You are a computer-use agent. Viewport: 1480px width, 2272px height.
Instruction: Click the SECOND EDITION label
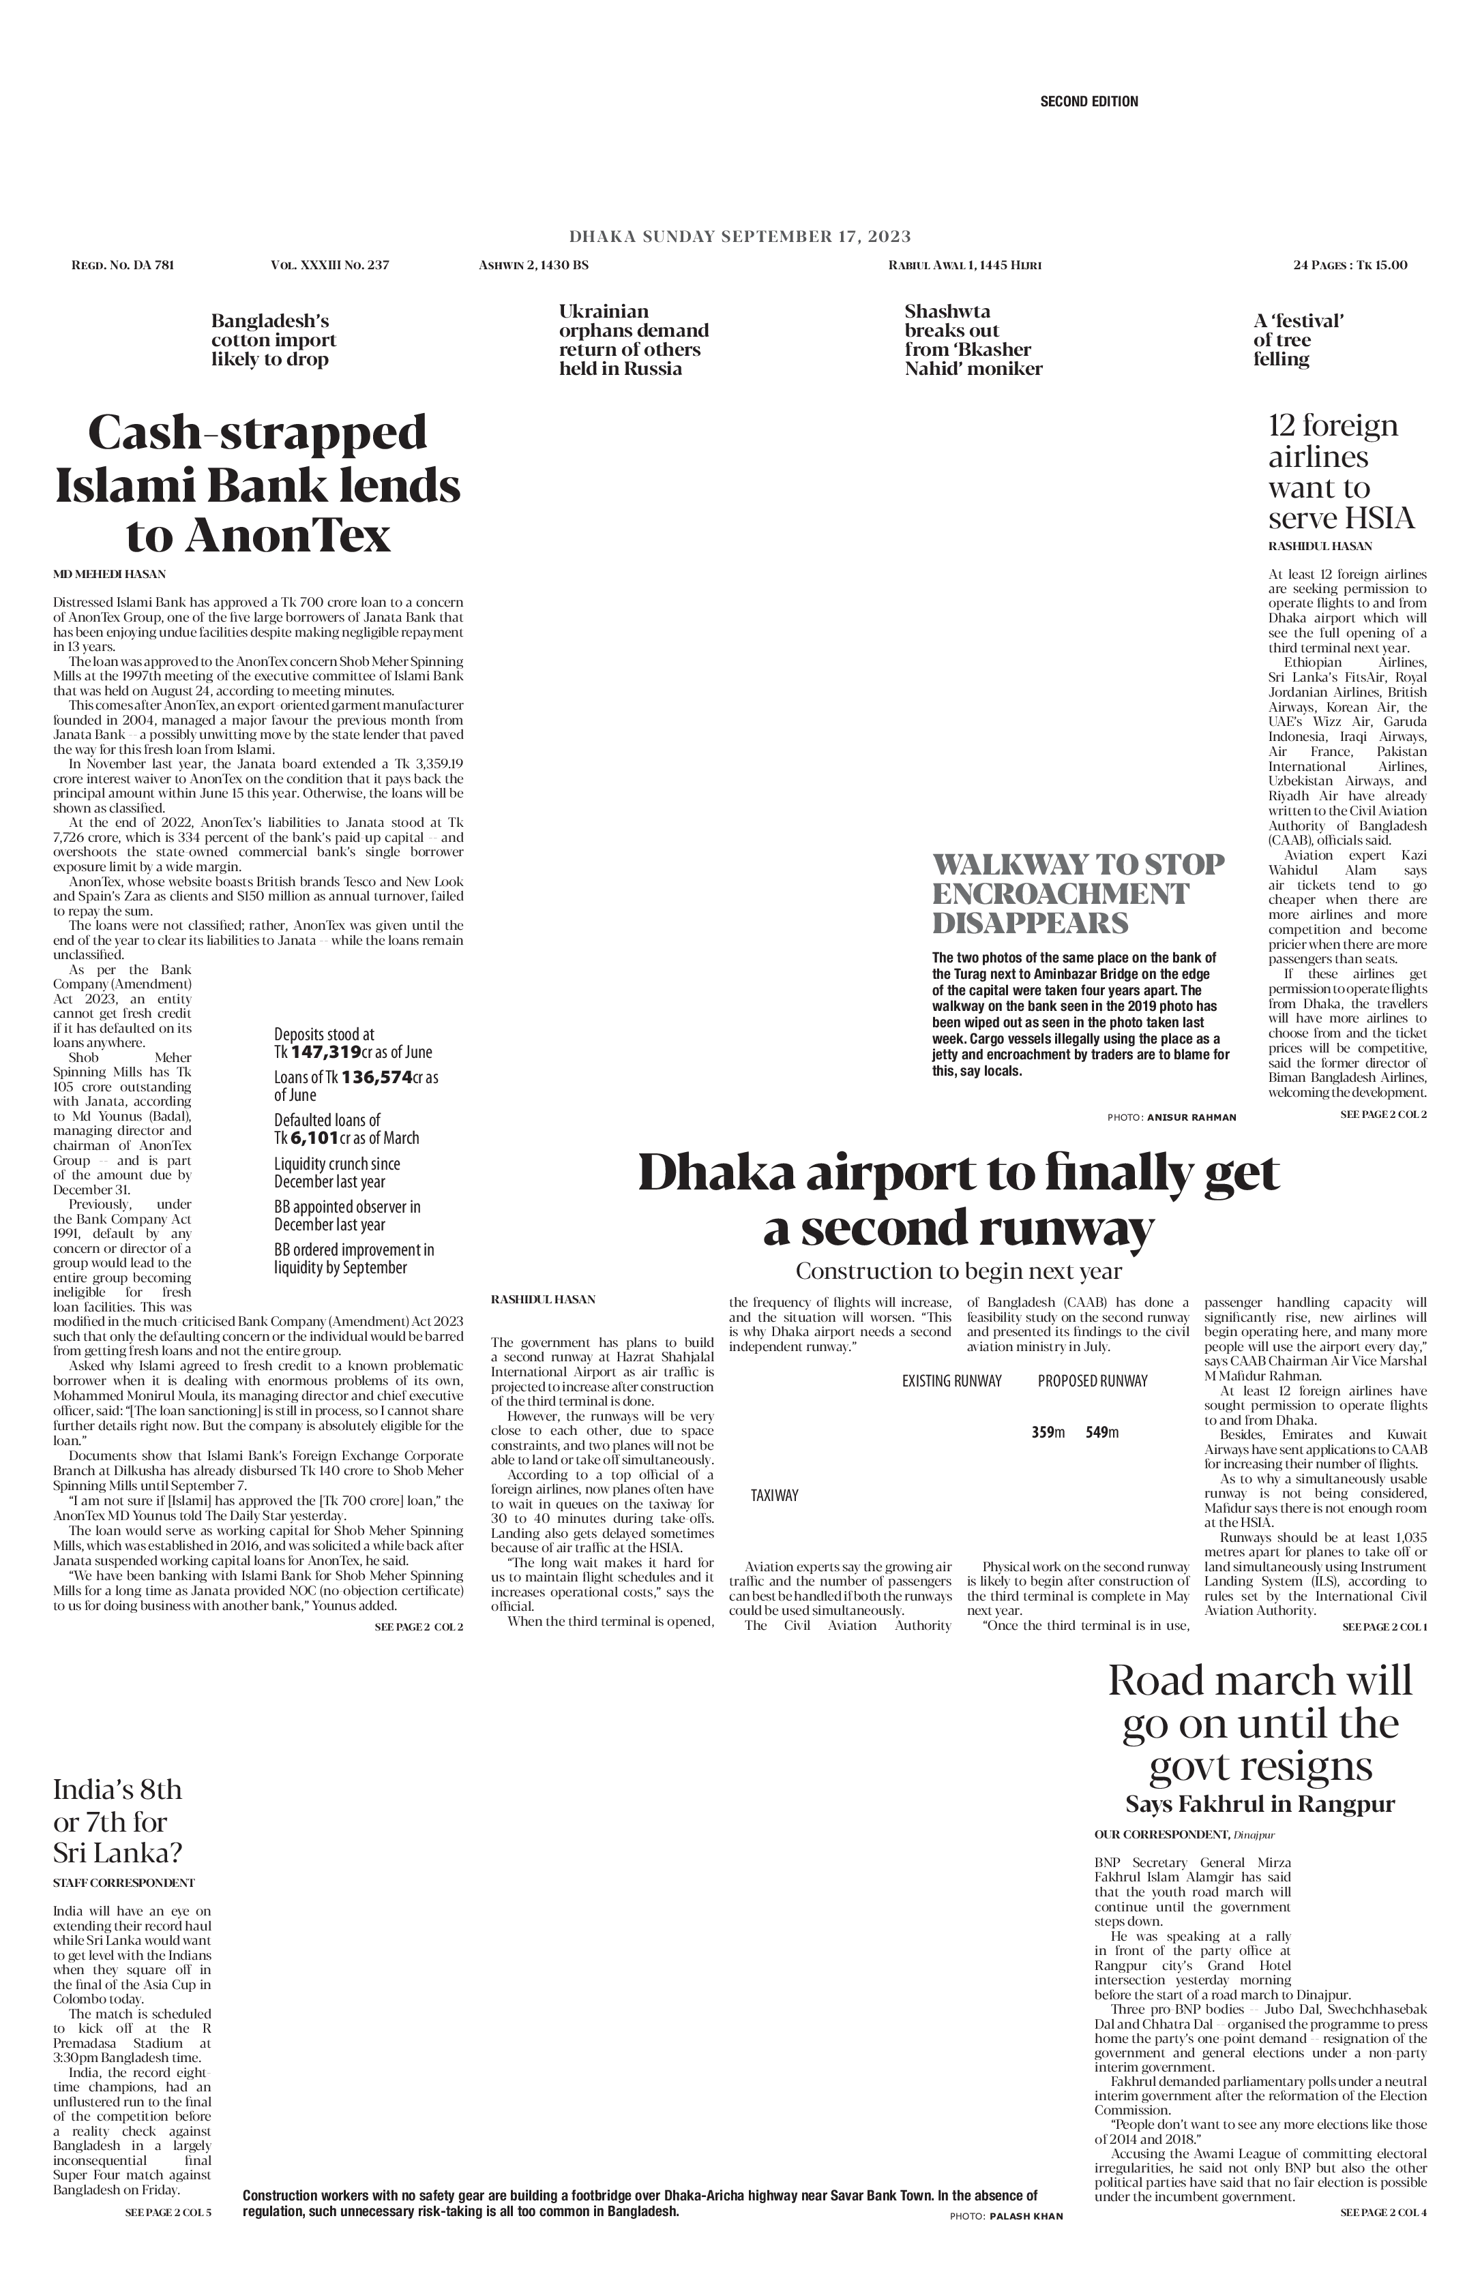tap(1089, 101)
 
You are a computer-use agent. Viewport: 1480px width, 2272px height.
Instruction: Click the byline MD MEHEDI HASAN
tap(109, 574)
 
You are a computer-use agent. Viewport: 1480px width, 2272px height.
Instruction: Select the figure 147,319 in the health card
tap(325, 1052)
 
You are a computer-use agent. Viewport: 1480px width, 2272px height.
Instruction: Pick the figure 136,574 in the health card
tap(377, 1077)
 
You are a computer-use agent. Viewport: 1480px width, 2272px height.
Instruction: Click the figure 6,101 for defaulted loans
tap(314, 1138)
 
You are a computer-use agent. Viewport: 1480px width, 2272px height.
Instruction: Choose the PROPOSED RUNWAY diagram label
tap(1093, 1380)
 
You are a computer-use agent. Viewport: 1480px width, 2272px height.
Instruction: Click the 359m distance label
tap(1048, 1432)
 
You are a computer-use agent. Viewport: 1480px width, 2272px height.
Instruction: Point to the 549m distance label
tap(1102, 1432)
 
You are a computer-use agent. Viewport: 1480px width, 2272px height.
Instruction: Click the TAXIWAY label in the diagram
tap(773, 1495)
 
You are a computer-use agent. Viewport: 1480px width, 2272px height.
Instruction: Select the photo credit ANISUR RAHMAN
tap(1191, 1117)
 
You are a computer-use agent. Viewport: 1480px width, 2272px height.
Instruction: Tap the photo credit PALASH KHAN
tap(1026, 2215)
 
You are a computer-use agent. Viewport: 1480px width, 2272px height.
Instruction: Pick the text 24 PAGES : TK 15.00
tap(1349, 264)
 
